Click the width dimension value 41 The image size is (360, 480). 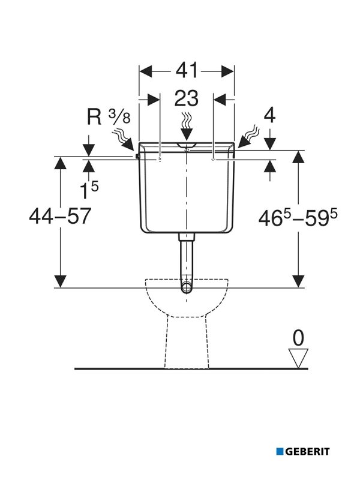[187, 71]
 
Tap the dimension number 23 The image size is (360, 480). [187, 98]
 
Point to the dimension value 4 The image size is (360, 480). [269, 115]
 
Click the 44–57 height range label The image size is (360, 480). [60, 215]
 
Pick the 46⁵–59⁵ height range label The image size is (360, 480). [298, 218]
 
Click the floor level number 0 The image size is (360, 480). [298, 338]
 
